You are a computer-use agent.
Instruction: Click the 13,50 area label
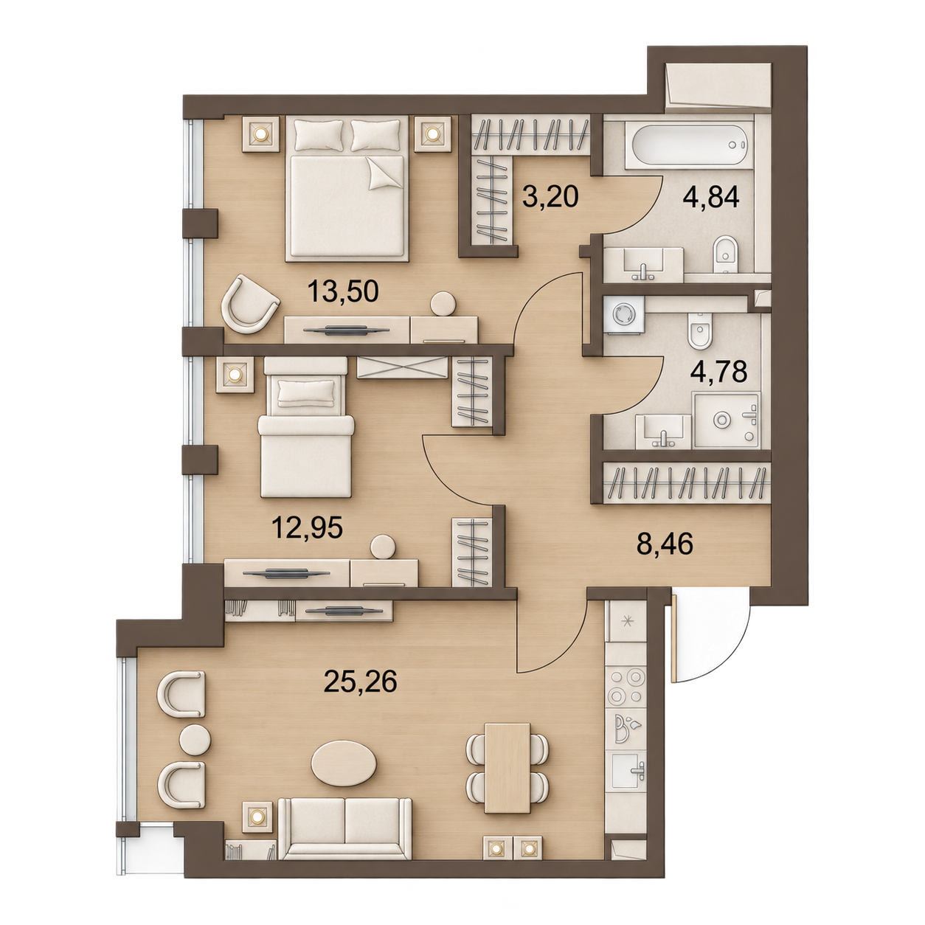pyautogui.click(x=343, y=291)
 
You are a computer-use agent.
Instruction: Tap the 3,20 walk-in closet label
pyautogui.click(x=550, y=196)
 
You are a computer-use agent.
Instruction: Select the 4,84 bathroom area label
pyautogui.click(x=711, y=197)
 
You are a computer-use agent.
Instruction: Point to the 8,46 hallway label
pyautogui.click(x=665, y=545)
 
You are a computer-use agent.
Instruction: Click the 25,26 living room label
pyautogui.click(x=361, y=681)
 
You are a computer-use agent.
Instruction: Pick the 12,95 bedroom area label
pyautogui.click(x=307, y=528)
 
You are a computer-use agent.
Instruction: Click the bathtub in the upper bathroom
pyautogui.click(x=689, y=144)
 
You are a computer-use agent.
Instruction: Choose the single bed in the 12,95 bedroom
pyautogui.click(x=306, y=427)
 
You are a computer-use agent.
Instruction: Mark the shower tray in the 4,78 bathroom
pyautogui.click(x=727, y=420)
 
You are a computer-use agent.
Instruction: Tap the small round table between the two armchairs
pyautogui.click(x=195, y=753)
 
